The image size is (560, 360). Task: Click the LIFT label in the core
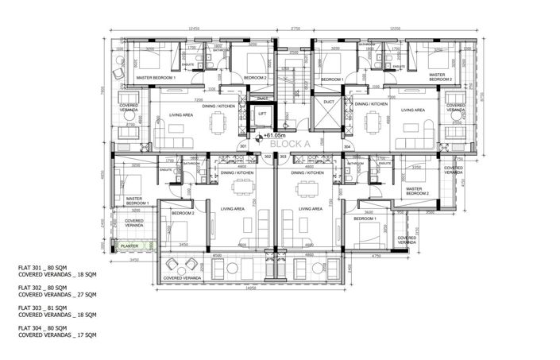262,114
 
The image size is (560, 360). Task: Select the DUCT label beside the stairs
330,102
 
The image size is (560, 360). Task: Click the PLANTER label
129,246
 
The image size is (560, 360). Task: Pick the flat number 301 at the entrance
243,147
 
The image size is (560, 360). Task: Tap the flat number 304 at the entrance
347,147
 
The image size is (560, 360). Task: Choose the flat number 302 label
268,157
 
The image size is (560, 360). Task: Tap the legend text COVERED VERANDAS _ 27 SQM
57,295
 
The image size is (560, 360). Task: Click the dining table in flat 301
217,123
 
